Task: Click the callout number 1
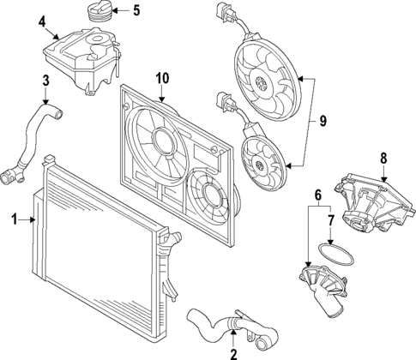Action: coord(14,220)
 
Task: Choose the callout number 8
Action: coord(383,158)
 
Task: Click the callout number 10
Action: coord(162,79)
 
